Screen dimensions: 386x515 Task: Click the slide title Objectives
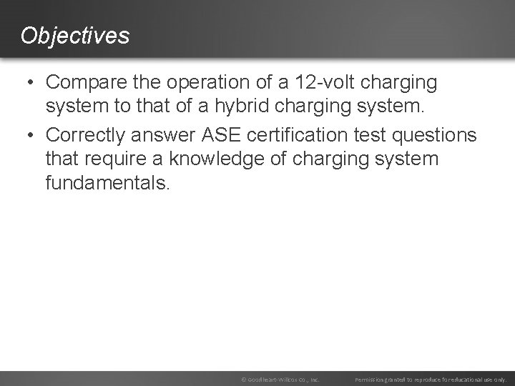75,35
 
